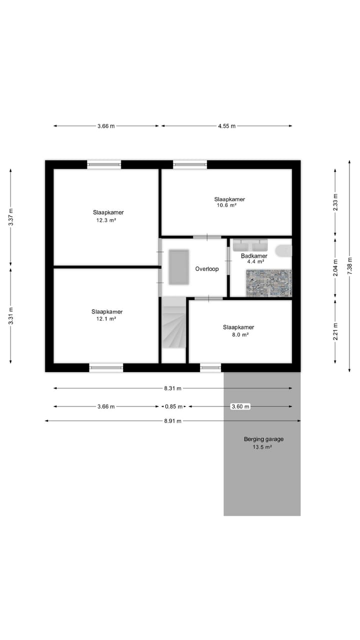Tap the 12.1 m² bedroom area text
(x=106, y=319)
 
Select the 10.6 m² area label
(x=226, y=205)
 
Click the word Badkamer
(x=254, y=255)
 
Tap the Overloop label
(x=207, y=269)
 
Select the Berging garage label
(x=263, y=439)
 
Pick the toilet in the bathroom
(x=283, y=249)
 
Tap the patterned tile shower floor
(x=268, y=283)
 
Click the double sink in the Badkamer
(x=251, y=245)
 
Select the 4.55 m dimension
(x=226, y=126)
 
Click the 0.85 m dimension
(x=173, y=406)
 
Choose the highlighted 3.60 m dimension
(x=240, y=406)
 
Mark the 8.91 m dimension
(x=173, y=421)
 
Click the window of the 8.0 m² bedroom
(x=210, y=368)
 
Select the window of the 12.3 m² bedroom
(x=104, y=164)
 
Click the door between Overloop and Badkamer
(x=228, y=260)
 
